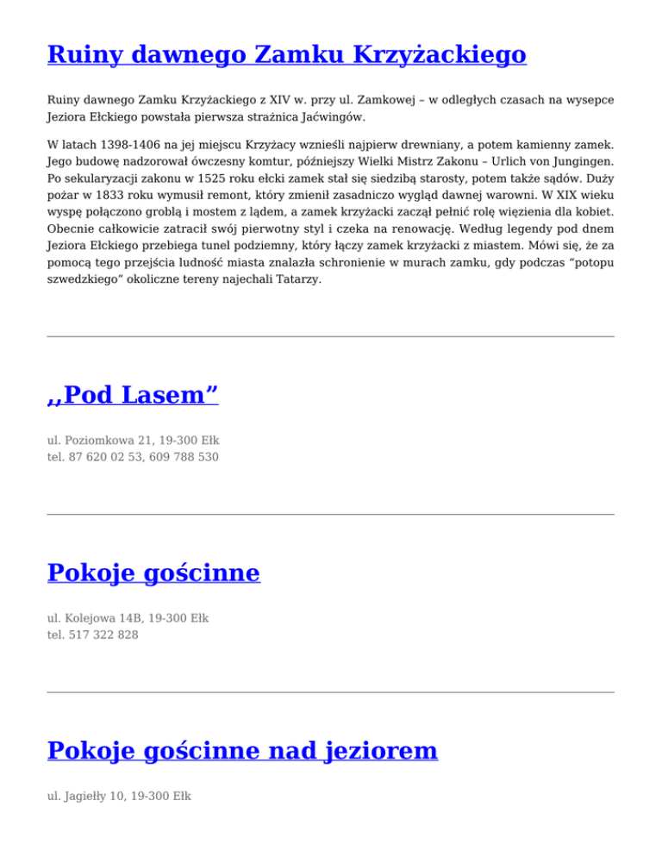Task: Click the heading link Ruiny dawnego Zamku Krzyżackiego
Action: click(286, 56)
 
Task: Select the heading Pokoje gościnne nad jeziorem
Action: click(242, 751)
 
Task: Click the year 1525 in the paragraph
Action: click(222, 178)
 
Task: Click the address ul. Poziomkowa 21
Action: click(96, 440)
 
